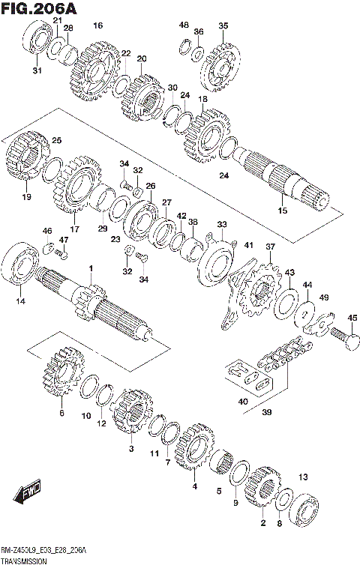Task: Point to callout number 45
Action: (352, 317)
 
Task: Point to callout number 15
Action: (282, 211)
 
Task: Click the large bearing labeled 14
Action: (22, 268)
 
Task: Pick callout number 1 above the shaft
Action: (91, 268)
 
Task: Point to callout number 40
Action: (242, 402)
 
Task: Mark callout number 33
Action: (221, 224)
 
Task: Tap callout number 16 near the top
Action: (97, 25)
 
